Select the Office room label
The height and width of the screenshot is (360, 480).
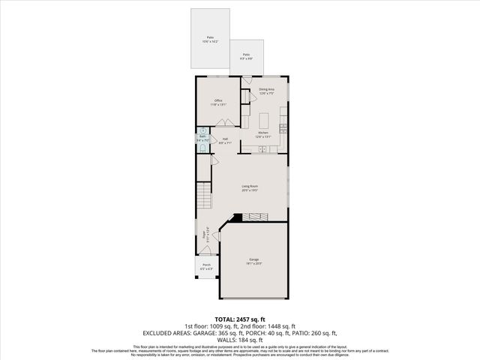tap(218, 102)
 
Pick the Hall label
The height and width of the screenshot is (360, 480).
tap(225, 140)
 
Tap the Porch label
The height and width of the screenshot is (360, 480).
tap(206, 266)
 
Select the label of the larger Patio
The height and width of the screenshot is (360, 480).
tap(210, 39)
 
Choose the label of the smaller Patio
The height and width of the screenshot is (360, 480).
tap(246, 55)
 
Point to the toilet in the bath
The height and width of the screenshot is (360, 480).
tap(202, 148)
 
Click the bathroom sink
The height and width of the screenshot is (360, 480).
tap(202, 129)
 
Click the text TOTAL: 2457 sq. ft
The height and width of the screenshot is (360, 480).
tap(240, 319)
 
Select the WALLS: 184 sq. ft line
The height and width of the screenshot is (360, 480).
tap(240, 338)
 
